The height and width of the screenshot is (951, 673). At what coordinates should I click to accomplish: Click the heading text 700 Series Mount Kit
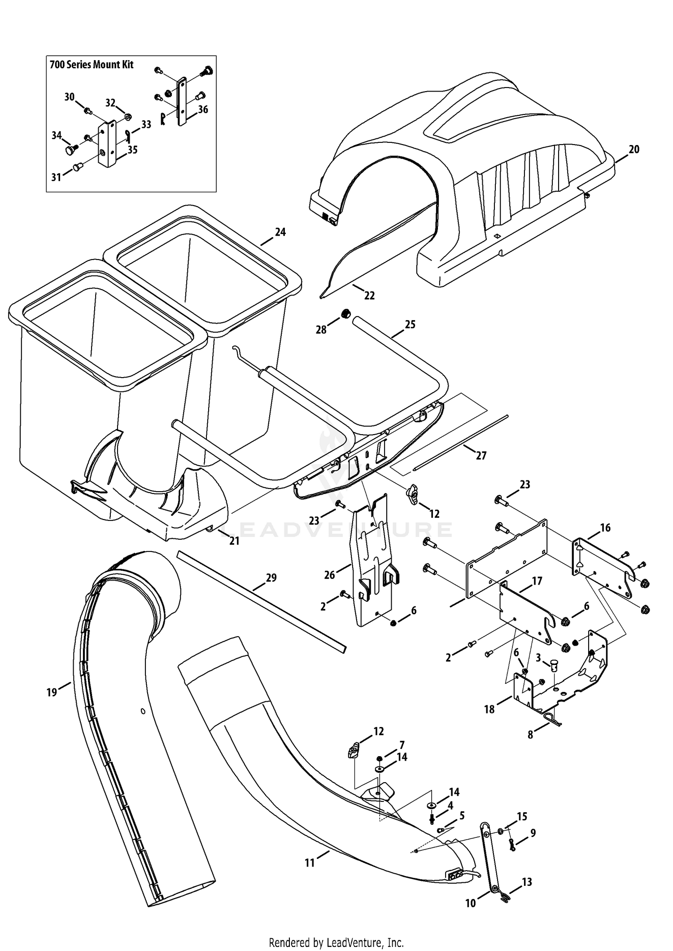pyautogui.click(x=92, y=65)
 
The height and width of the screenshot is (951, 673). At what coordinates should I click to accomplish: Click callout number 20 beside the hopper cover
pyautogui.click(x=634, y=150)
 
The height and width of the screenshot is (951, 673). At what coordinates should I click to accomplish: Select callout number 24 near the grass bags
pyautogui.click(x=280, y=232)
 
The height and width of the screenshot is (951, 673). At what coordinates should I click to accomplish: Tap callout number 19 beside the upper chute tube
pyautogui.click(x=52, y=692)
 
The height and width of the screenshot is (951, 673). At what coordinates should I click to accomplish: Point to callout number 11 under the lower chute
pyautogui.click(x=310, y=863)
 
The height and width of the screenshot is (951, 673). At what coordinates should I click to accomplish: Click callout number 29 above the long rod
pyautogui.click(x=271, y=578)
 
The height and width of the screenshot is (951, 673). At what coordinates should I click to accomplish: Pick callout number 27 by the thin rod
pyautogui.click(x=481, y=456)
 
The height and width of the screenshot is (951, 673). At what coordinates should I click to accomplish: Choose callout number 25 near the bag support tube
pyautogui.click(x=410, y=324)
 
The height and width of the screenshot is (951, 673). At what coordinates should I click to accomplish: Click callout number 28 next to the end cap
pyautogui.click(x=321, y=330)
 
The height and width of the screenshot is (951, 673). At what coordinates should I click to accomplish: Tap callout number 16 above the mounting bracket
pyautogui.click(x=605, y=528)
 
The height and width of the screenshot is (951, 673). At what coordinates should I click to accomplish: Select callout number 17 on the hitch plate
pyautogui.click(x=537, y=581)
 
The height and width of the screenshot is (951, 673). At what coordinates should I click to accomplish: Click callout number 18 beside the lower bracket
pyautogui.click(x=489, y=709)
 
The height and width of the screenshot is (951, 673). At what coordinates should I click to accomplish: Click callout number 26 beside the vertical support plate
pyautogui.click(x=330, y=575)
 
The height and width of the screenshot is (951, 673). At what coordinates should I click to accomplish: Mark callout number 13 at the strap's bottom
pyautogui.click(x=527, y=882)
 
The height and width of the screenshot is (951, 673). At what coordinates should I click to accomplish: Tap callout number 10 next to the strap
pyautogui.click(x=470, y=903)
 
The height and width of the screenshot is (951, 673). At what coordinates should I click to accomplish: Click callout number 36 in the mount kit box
pyautogui.click(x=203, y=109)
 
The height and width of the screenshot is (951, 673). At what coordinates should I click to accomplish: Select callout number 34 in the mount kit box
pyautogui.click(x=57, y=135)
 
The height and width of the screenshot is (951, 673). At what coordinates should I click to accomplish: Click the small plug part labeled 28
pyautogui.click(x=345, y=314)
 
